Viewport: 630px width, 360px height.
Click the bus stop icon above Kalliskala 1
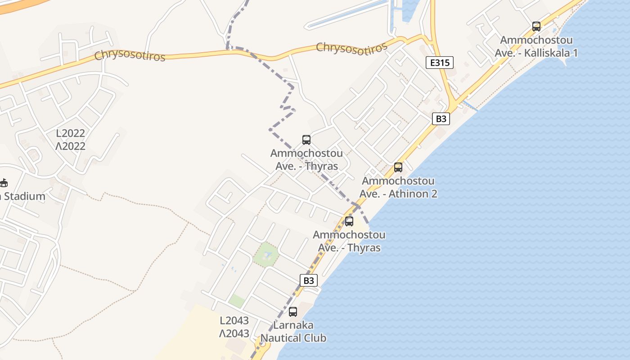[x=536, y=27]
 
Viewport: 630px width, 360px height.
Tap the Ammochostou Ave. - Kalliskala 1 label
[x=536, y=46]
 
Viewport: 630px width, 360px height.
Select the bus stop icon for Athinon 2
[x=398, y=167]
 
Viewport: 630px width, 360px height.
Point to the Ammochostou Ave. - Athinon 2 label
[x=398, y=187]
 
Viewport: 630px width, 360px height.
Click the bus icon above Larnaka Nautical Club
[x=292, y=311]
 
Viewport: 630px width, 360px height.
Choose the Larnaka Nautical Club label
[x=293, y=331]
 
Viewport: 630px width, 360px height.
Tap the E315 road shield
[x=439, y=63]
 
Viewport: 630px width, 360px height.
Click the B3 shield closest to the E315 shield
[x=441, y=119]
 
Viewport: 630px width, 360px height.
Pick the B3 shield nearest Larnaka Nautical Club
[x=308, y=280]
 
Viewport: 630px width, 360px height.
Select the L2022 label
[x=70, y=133]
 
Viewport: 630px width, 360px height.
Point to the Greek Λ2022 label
[x=70, y=146]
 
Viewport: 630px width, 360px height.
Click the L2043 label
[x=234, y=320]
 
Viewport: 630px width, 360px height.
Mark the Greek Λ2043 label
[x=234, y=333]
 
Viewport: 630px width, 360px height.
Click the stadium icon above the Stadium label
[x=4, y=183]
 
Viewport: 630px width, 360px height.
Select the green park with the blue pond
[x=265, y=256]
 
